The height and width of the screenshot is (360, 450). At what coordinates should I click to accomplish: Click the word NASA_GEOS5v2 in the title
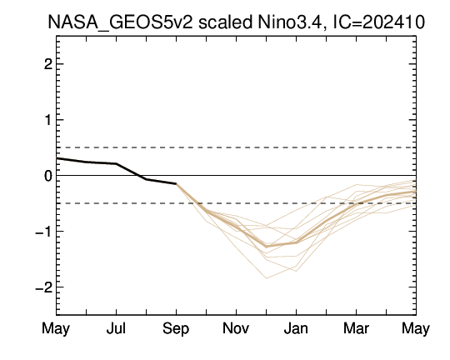tap(120, 22)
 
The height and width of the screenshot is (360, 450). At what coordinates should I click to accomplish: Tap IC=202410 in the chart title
tap(378, 22)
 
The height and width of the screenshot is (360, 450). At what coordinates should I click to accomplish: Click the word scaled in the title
tap(225, 22)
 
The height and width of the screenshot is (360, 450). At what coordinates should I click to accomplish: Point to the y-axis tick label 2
tap(48, 64)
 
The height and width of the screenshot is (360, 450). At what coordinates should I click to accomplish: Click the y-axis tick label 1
tap(48, 120)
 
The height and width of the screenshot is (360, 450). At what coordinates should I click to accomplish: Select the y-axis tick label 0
tap(48, 176)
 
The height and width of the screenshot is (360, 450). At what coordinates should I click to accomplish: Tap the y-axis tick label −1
tap(43, 232)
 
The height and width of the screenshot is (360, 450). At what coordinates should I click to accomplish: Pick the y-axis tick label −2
tap(43, 287)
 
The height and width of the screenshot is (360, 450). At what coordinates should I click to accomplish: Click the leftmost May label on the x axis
tap(56, 328)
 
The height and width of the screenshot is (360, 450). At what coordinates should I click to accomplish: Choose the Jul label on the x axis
tap(116, 328)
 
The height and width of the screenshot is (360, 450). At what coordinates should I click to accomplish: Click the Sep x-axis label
tap(176, 329)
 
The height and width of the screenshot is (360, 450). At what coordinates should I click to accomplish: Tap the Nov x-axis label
tap(236, 328)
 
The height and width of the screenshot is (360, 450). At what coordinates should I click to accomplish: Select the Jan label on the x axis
tap(296, 328)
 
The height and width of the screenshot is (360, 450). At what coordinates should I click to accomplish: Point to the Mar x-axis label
tap(356, 328)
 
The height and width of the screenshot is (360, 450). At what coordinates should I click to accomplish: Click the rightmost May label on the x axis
tap(416, 328)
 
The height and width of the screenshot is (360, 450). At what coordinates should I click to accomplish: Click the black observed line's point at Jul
tap(116, 163)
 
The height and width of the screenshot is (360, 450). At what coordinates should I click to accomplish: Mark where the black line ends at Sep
tap(176, 183)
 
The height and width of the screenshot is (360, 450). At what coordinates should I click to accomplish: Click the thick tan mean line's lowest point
tap(267, 247)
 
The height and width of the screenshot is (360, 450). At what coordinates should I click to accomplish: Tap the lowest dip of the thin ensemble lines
tap(267, 277)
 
